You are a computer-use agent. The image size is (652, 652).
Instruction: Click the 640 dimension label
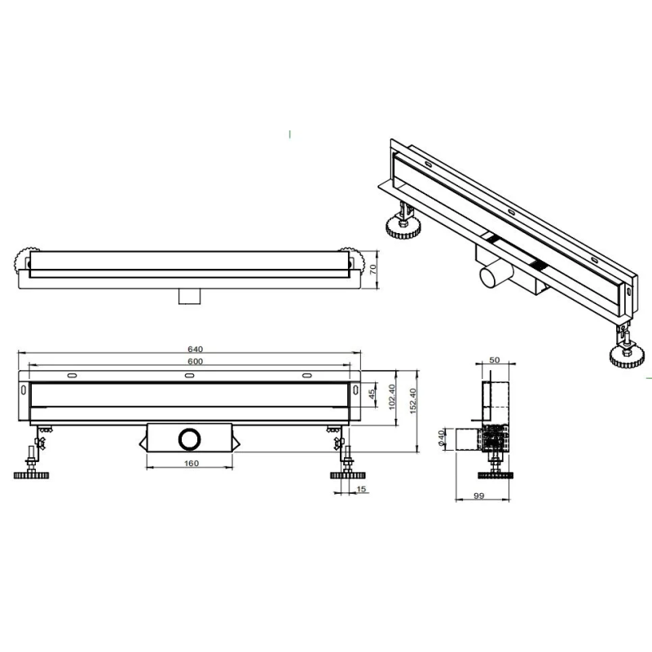click(x=195, y=350)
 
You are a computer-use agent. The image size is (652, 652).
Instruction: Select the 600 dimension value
click(x=195, y=361)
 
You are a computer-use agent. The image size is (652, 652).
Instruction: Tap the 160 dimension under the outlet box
click(x=192, y=463)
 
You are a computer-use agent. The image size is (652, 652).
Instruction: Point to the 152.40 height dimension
click(x=413, y=401)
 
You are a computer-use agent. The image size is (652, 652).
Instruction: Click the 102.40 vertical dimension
click(x=392, y=397)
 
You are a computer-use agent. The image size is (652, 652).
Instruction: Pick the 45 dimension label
click(x=372, y=393)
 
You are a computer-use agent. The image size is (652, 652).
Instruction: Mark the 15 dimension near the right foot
click(x=361, y=489)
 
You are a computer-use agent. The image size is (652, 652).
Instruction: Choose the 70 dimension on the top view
click(x=373, y=269)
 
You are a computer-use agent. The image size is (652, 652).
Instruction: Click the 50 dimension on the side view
click(x=495, y=360)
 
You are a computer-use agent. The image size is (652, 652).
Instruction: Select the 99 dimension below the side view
click(x=479, y=496)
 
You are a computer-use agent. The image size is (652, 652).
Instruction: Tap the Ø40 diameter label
click(x=441, y=438)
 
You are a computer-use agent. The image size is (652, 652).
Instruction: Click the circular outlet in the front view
click(x=190, y=438)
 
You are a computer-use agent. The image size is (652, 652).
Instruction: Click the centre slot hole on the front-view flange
click(x=190, y=376)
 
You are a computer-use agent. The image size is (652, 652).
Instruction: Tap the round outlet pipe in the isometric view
click(x=491, y=275)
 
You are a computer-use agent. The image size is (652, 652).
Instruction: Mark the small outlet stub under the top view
click(x=190, y=297)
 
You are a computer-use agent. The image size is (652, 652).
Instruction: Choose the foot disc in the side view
click(x=495, y=474)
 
